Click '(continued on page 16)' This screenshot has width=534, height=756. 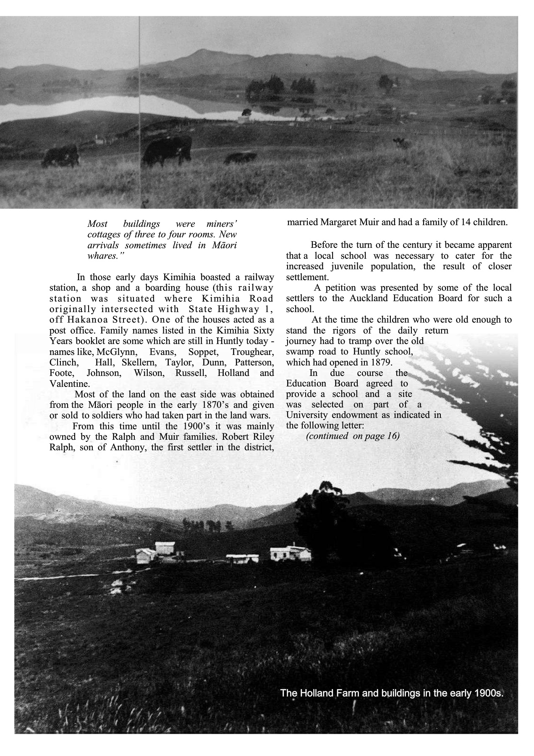tap(353, 436)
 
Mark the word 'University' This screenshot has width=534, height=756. tap(306, 415)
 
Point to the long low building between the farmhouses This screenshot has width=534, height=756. tap(242, 558)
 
